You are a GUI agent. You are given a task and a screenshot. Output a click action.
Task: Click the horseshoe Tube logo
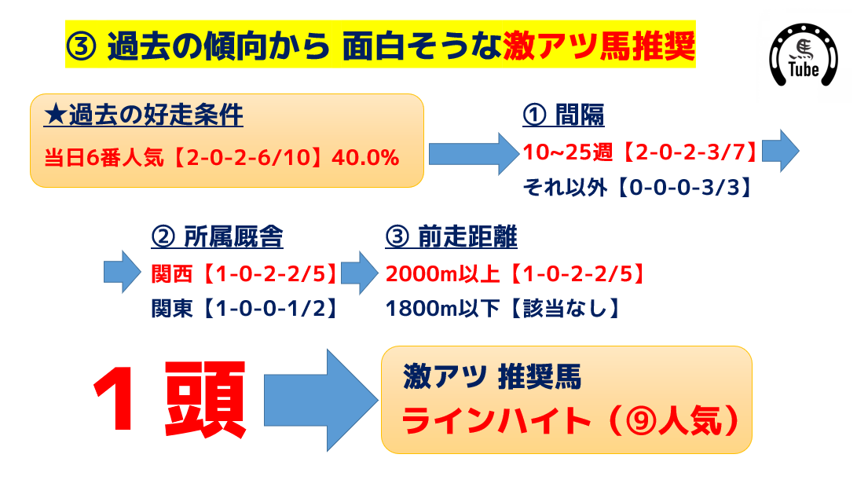pos(803,55)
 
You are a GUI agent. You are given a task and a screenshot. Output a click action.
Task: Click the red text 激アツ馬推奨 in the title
pos(599,46)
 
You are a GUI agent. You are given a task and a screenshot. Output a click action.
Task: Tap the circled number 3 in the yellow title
pos(82,46)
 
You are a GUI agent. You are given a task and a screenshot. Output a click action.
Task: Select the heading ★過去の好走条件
pos(143,115)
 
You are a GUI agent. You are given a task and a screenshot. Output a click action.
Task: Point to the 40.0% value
pos(365,157)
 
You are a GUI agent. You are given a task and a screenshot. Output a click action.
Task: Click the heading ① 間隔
pos(563,115)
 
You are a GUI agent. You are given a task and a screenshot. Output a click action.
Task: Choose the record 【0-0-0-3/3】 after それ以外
pos(683,188)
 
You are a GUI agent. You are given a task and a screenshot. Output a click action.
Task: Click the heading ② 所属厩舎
pos(217,237)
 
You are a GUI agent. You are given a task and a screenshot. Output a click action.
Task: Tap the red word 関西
pos(171,274)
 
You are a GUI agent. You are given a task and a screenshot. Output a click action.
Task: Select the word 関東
pos(171,309)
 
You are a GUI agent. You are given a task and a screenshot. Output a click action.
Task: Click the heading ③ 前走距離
pos(451,237)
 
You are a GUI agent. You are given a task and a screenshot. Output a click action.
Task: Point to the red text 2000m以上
pos(442,274)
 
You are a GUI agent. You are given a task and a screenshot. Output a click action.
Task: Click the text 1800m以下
pos(442,309)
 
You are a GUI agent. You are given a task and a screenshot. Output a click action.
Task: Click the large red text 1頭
pos(170,399)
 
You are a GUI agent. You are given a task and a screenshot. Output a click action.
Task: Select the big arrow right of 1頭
pos(321,400)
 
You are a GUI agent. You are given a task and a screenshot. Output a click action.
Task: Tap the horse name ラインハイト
pos(496,421)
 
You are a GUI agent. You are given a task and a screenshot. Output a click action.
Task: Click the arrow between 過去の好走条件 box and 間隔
pos(474,154)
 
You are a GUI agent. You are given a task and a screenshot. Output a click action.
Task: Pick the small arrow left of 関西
pos(123,272)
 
